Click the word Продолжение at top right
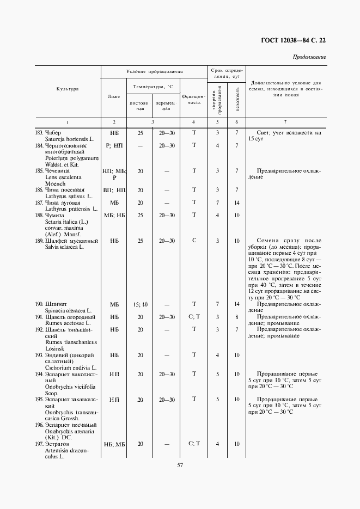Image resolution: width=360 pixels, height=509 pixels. pyautogui.click(x=309, y=57)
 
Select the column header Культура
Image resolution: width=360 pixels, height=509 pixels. pyautogui.click(x=68, y=89)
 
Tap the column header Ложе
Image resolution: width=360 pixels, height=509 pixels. pyautogui.click(x=114, y=96)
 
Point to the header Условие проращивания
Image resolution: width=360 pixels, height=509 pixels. pyautogui.click(x=154, y=71)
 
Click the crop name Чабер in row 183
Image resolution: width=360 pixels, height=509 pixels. pyautogui.click(x=53, y=132)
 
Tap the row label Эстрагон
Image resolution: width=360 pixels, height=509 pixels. pyautogui.click(x=58, y=444)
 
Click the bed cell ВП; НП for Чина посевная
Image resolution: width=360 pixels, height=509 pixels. pyautogui.click(x=114, y=190)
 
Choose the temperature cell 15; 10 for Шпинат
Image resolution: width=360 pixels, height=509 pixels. pyautogui.click(x=140, y=304)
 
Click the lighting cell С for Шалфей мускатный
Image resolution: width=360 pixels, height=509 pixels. pyautogui.click(x=194, y=241)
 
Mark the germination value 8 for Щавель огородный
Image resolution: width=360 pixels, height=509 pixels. pyautogui.click(x=237, y=317)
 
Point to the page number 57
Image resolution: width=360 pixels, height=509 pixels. pyautogui.click(x=180, y=465)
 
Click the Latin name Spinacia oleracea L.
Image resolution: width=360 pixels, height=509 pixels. pyautogui.click(x=68, y=310)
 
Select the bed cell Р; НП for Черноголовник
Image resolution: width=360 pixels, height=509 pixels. pyautogui.click(x=114, y=145)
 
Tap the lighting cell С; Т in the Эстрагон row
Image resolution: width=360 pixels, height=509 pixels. pyautogui.click(x=194, y=444)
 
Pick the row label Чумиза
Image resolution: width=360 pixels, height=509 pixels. pyautogui.click(x=56, y=216)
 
